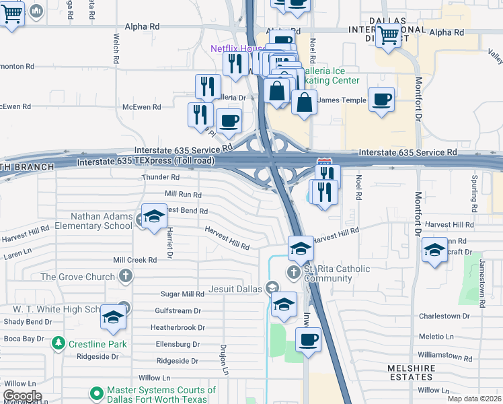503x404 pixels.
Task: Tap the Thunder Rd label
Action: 160,177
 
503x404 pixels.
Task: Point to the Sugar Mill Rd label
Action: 182,294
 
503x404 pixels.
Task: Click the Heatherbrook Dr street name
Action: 178,327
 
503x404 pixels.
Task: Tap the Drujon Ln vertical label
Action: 225,360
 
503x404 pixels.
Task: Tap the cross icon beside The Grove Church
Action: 125,275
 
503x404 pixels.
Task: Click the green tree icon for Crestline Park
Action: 59,343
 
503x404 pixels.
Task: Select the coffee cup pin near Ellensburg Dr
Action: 308,339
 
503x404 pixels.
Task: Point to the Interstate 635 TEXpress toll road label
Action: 146,162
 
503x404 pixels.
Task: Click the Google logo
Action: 22,395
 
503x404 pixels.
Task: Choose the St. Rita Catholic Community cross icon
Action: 293,272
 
